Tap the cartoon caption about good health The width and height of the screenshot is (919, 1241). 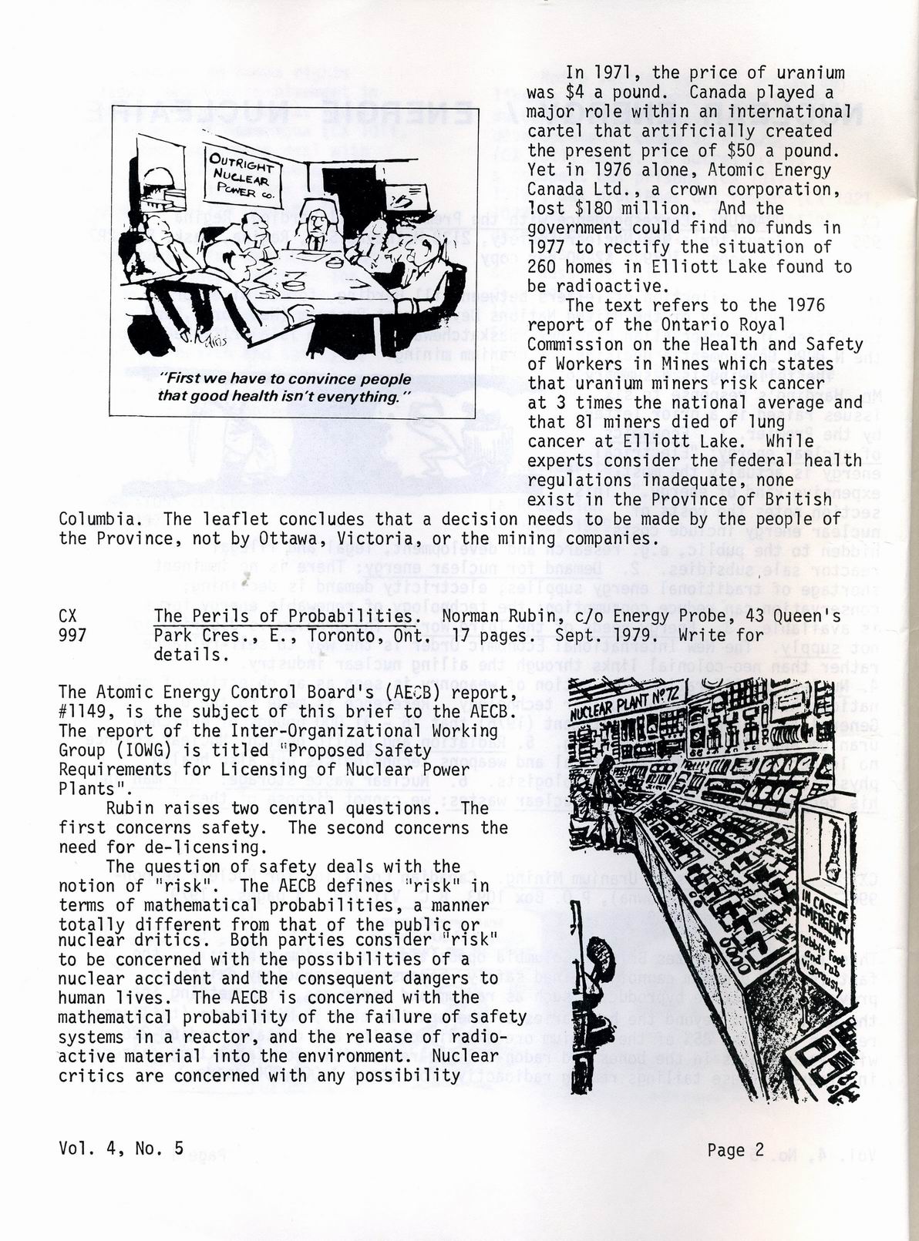click(285, 387)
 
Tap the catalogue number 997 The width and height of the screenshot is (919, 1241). click(72, 636)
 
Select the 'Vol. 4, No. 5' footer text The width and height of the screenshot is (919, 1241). click(121, 1148)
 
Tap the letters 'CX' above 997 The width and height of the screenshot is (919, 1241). click(68, 616)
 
